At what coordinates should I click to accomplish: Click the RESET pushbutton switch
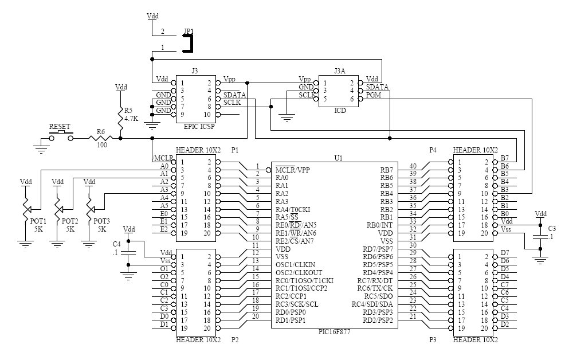click(61, 136)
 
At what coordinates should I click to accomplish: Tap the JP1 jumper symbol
click(189, 43)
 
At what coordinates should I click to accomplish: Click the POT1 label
click(38, 221)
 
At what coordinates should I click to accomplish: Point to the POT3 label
click(101, 221)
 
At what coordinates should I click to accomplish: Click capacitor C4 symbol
click(128, 253)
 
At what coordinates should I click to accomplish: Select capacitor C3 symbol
click(540, 237)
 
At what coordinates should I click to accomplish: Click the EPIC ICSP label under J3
click(199, 127)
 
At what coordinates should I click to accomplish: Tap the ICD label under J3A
click(340, 110)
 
